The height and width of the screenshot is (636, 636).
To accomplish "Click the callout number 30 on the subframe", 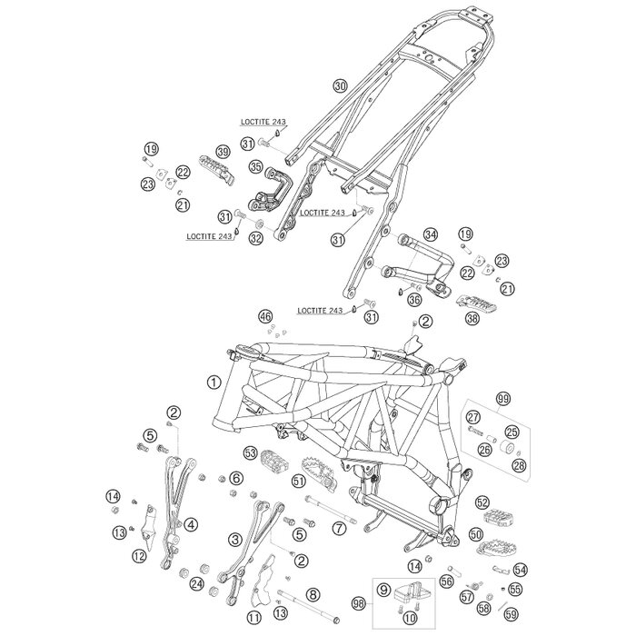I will point(339,85).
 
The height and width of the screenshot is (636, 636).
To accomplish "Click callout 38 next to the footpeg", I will point(471,319).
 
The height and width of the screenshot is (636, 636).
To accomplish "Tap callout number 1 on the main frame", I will point(214,383).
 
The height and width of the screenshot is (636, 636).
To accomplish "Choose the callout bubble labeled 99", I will point(502,398).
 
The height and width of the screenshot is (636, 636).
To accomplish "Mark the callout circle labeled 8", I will point(313,594).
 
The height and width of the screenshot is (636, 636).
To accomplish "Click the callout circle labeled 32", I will point(255,238).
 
